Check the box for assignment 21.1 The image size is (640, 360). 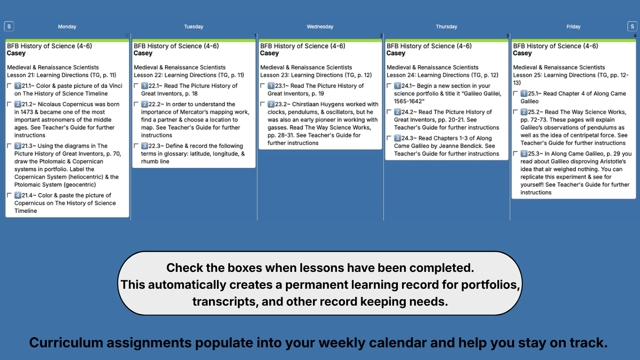coord(9,86)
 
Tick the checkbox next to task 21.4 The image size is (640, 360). coord(9,195)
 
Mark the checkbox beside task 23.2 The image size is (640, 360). coord(262,105)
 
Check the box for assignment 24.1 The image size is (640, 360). coord(389,86)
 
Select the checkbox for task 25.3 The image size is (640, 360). coord(515,154)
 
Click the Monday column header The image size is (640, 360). coord(67,27)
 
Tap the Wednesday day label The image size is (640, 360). coord(320,27)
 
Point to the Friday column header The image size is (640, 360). coord(573,27)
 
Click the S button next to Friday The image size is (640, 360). coord(632,26)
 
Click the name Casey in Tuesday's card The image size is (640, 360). coord(143,53)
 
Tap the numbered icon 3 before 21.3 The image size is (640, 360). coord(18,146)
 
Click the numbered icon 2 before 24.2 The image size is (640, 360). coord(397,112)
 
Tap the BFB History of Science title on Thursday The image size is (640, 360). coord(429,46)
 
